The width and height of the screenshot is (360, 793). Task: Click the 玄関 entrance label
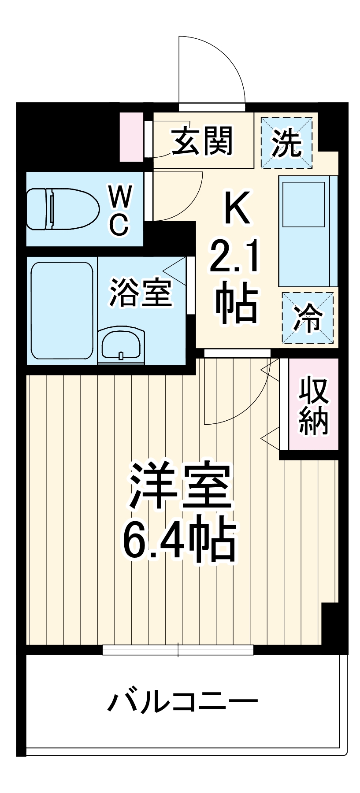click(202, 141)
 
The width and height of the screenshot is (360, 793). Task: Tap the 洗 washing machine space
click(286, 143)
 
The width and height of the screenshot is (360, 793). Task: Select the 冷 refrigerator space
click(308, 317)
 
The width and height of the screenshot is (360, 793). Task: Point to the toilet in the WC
click(62, 209)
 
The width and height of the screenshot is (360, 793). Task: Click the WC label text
click(120, 209)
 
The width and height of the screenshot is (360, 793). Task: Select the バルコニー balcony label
click(182, 700)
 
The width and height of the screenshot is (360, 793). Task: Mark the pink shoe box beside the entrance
click(131, 137)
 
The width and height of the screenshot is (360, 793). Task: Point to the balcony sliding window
click(178, 649)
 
